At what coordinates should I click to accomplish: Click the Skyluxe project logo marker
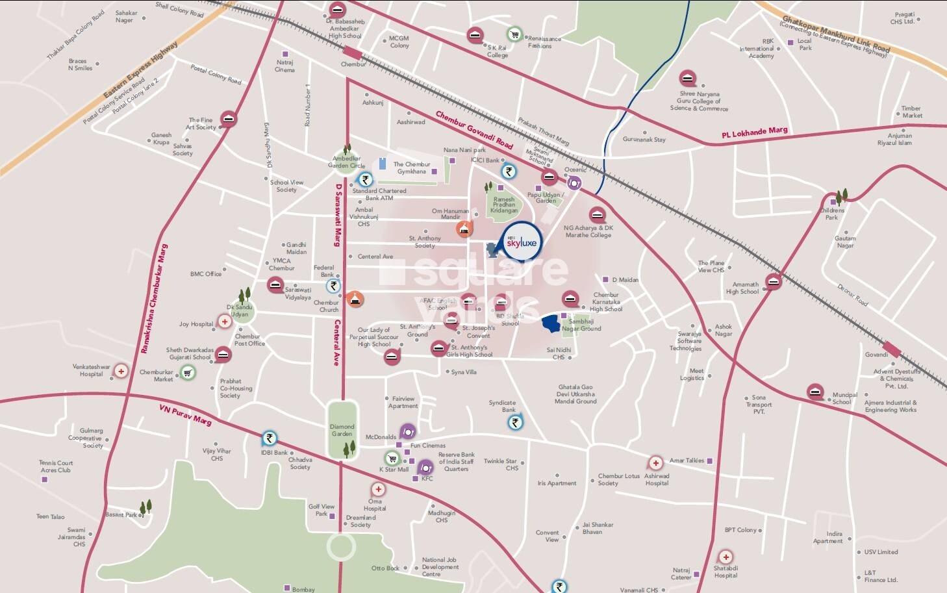[522, 242]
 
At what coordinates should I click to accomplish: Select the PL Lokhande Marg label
[754, 132]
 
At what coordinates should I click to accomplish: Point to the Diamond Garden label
[342, 430]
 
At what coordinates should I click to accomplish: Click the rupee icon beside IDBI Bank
[269, 438]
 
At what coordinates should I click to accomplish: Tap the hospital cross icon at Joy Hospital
[225, 322]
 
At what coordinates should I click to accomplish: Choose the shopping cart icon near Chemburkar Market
[188, 372]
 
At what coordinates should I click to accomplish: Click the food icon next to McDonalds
[407, 432]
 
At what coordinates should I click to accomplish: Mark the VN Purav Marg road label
[185, 414]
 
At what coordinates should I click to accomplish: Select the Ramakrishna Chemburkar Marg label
[154, 299]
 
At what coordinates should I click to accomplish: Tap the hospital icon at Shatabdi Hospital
[726, 557]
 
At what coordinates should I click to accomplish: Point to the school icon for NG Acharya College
[597, 215]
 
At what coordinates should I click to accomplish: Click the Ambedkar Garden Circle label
[347, 162]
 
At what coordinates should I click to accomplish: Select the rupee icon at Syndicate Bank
[515, 423]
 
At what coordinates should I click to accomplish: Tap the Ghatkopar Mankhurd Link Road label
[835, 36]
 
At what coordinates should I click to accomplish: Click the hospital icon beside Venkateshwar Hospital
[121, 371]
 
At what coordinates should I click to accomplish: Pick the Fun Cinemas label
[427, 446]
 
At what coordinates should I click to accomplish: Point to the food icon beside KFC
[425, 467]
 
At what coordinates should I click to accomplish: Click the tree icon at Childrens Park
[842, 196]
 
